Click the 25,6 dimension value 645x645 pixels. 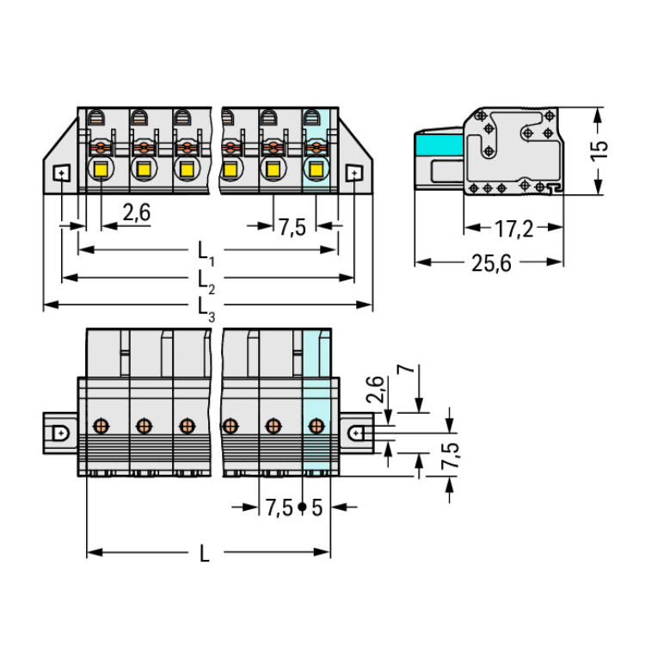[491, 263]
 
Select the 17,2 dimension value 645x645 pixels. [513, 229]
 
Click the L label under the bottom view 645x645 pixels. [204, 553]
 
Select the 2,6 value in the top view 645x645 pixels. [137, 212]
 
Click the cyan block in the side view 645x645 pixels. [439, 144]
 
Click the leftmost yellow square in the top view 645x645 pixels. [101, 169]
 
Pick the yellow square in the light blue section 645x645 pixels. [316, 169]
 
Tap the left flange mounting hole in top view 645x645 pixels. [61, 173]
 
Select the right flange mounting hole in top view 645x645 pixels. [354, 173]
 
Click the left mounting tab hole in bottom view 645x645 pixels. [61, 433]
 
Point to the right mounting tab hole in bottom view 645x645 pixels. [355, 433]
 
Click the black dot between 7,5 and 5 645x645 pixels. [302, 507]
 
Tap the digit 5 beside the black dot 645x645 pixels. [316, 507]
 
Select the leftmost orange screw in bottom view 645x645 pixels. [101, 426]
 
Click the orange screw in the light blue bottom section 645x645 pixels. [316, 426]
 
